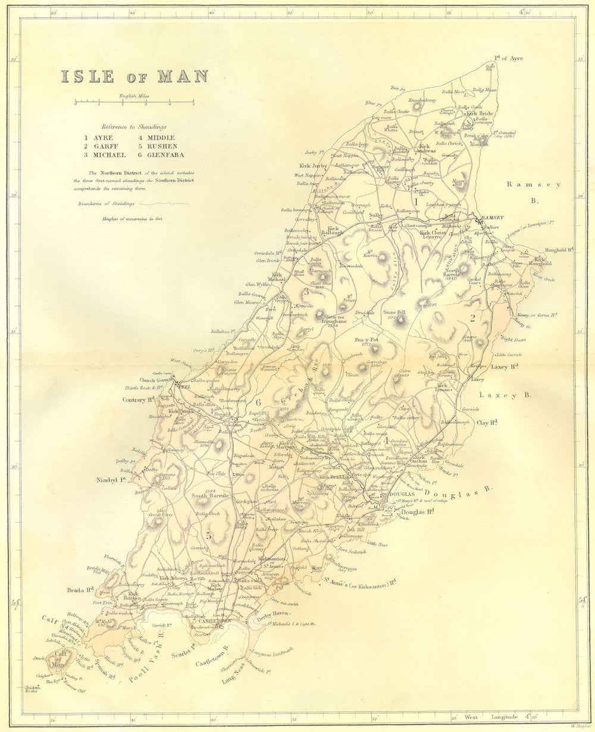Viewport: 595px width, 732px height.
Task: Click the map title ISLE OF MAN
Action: [x=134, y=77]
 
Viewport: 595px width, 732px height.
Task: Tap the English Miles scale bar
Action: [x=134, y=103]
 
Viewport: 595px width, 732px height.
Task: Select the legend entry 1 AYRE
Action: [x=98, y=137]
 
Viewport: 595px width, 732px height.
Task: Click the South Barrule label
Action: [x=208, y=495]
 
